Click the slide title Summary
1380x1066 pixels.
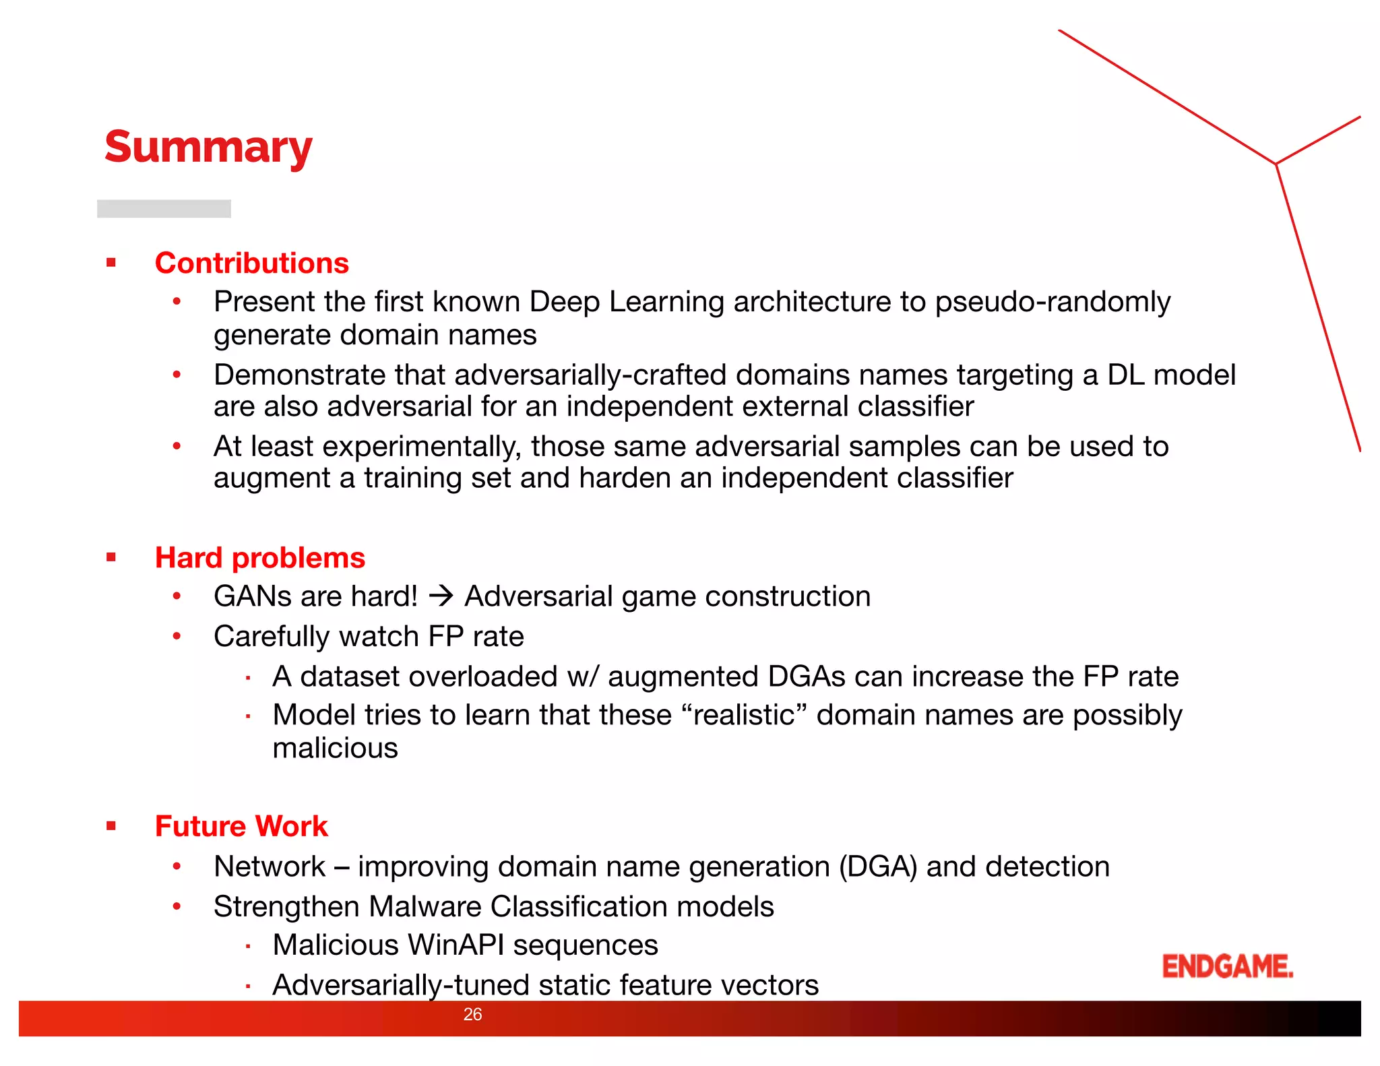[x=208, y=148]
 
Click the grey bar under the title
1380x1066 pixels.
[x=164, y=209]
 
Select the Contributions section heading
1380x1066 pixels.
[x=251, y=263]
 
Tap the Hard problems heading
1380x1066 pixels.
[x=259, y=558]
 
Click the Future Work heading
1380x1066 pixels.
[x=241, y=827]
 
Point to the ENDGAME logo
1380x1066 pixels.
[x=1227, y=966]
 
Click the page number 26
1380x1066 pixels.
[x=472, y=1015]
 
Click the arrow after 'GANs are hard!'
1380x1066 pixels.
[x=441, y=596]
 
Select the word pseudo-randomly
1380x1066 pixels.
[x=1053, y=302]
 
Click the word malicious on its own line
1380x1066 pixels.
[x=335, y=749]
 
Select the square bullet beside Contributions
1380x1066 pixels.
[x=111, y=263]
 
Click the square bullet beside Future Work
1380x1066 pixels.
[x=111, y=826]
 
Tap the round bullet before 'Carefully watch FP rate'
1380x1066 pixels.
[x=177, y=636]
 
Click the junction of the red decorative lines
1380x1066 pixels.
[x=1276, y=164]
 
